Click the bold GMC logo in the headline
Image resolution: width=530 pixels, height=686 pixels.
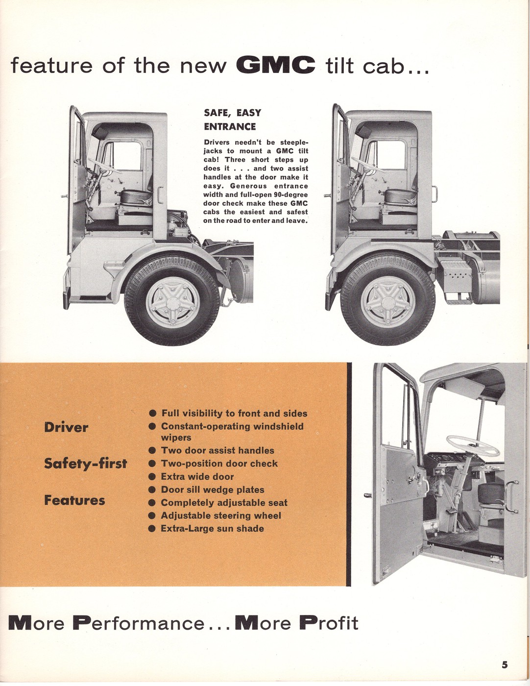pyautogui.click(x=275, y=65)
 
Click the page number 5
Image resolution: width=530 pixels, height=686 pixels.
pyautogui.click(x=505, y=665)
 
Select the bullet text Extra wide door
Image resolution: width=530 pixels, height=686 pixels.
pyautogui.click(x=197, y=476)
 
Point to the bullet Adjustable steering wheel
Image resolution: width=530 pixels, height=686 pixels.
pyautogui.click(x=220, y=515)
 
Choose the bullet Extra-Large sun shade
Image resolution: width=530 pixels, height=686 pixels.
pyautogui.click(x=212, y=529)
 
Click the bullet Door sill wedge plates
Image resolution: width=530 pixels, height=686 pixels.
pyautogui.click(x=212, y=490)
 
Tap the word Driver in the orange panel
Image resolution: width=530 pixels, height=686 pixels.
pyautogui.click(x=66, y=427)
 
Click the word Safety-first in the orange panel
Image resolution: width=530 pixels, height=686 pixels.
pyautogui.click(x=85, y=464)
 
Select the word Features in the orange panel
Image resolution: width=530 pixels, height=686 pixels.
pyautogui.click(x=74, y=500)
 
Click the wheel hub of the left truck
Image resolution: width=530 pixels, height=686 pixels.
pyautogui.click(x=172, y=302)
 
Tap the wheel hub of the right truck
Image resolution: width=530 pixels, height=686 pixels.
pyautogui.click(x=387, y=300)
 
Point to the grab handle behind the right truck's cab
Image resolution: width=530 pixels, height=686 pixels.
pyautogui.click(x=434, y=193)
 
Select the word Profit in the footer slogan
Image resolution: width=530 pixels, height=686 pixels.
pyautogui.click(x=329, y=623)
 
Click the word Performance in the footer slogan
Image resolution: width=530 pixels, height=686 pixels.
pyautogui.click(x=139, y=623)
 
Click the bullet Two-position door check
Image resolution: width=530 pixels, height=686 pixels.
pyautogui.click(x=219, y=464)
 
